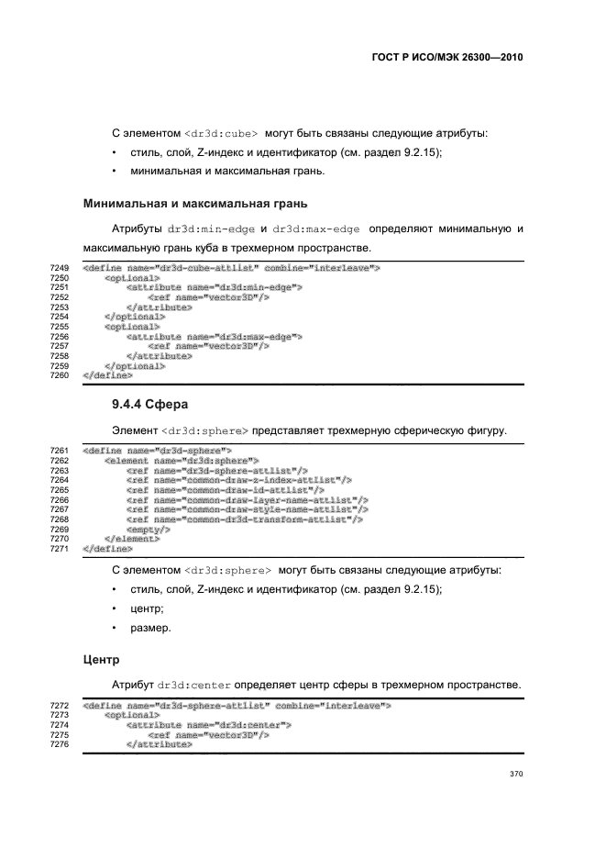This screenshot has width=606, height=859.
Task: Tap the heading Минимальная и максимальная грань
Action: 194,202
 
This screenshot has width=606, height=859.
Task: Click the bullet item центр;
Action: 147,608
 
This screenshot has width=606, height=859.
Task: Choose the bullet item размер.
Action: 151,628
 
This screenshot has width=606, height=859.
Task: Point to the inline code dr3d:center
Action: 193,685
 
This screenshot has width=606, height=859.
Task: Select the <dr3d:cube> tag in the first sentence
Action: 221,133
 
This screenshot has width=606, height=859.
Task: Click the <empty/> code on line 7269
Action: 149,530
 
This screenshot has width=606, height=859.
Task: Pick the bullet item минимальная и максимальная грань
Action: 227,171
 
